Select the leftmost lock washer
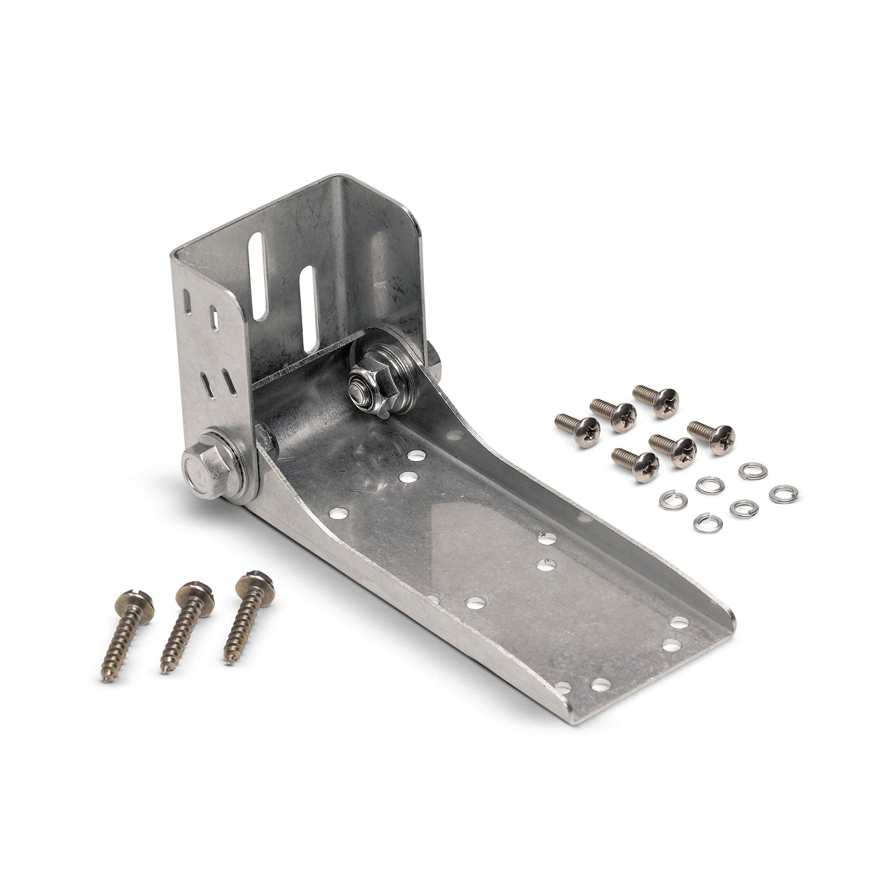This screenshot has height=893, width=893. [673, 499]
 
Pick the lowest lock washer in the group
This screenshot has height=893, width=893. [708, 523]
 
